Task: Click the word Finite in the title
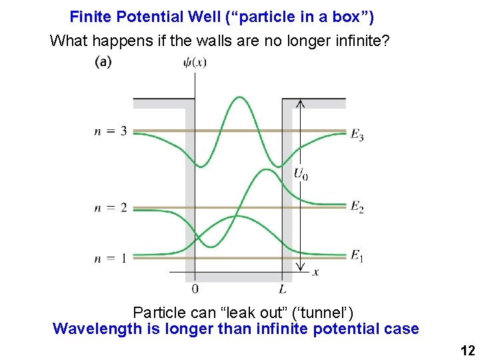click(91, 16)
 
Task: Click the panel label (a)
click(103, 62)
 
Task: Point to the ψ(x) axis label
click(195, 63)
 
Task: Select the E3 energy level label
click(357, 135)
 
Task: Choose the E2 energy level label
click(357, 207)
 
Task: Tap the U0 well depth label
click(301, 175)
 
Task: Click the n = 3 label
click(111, 131)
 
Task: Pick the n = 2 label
click(111, 207)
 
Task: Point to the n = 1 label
click(111, 258)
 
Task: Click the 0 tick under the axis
click(195, 289)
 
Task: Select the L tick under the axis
click(283, 289)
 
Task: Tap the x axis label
click(315, 272)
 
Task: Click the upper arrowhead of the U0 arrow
click(300, 103)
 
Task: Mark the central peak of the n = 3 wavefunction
click(238, 98)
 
